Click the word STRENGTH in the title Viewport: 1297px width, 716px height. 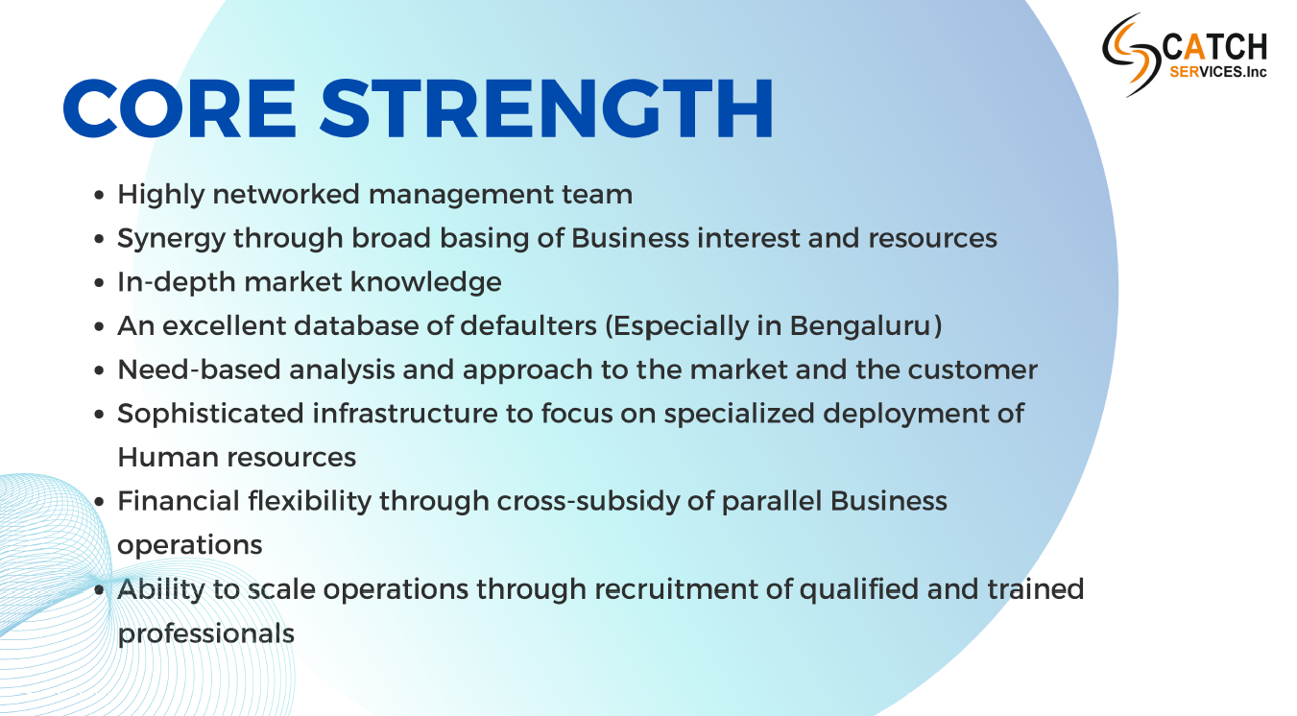pos(546,108)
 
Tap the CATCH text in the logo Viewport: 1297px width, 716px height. pos(1214,47)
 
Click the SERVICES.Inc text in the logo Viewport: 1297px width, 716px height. pos(1218,72)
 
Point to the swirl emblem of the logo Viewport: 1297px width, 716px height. pos(1129,54)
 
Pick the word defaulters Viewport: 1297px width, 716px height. pos(528,326)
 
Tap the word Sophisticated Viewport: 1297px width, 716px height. pos(210,415)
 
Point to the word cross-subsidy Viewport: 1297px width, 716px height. pos(588,502)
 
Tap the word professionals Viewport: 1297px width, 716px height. pos(206,634)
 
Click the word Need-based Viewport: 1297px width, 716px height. pos(199,370)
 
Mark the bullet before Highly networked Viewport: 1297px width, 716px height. pos(99,195)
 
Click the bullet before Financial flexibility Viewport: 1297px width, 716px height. pos(99,502)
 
